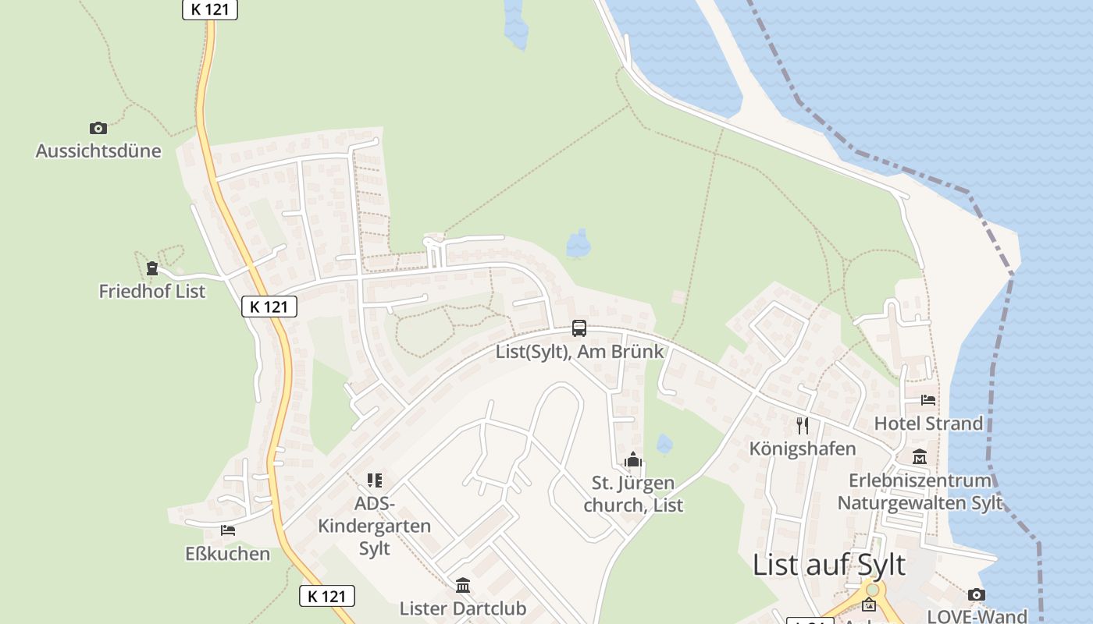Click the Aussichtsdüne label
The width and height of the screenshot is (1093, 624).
pyautogui.click(x=98, y=151)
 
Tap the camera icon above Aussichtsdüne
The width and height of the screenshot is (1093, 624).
pyautogui.click(x=98, y=128)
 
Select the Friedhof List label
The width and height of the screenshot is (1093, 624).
pyautogui.click(x=152, y=291)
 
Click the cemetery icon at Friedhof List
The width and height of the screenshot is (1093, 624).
pyautogui.click(x=152, y=269)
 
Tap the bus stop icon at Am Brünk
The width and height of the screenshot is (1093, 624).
pyautogui.click(x=579, y=328)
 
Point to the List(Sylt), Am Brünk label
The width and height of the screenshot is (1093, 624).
pyautogui.click(x=579, y=351)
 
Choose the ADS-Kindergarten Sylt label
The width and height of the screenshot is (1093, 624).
pyautogui.click(x=374, y=526)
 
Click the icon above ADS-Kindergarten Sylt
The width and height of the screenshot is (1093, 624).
pyautogui.click(x=375, y=480)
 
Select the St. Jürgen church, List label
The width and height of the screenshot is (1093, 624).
pyautogui.click(x=633, y=494)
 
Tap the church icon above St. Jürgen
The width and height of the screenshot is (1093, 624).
pyautogui.click(x=633, y=460)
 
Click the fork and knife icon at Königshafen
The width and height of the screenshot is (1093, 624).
pyautogui.click(x=803, y=426)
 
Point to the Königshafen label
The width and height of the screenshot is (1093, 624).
pyautogui.click(x=803, y=448)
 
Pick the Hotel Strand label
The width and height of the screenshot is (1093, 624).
pyautogui.click(x=928, y=424)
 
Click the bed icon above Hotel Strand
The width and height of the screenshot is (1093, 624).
pyautogui.click(x=928, y=401)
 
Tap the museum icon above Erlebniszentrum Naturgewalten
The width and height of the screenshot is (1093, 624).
pyautogui.click(x=920, y=457)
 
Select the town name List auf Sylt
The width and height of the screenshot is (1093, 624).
pyautogui.click(x=829, y=565)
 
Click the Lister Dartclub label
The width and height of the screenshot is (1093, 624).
pyautogui.click(x=463, y=608)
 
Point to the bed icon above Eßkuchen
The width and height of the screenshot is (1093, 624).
pyautogui.click(x=228, y=530)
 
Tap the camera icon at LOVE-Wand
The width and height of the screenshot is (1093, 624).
pyautogui.click(x=977, y=595)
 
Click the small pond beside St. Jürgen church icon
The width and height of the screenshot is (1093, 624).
pyautogui.click(x=664, y=445)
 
